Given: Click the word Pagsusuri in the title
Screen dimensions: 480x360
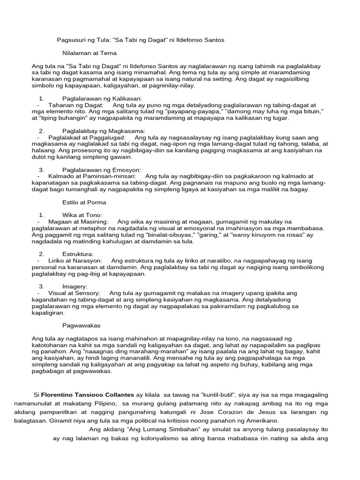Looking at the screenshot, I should click(71, 40).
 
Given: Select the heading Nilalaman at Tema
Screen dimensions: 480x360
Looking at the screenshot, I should click(89, 53).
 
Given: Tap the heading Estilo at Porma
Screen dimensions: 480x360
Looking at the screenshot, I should click(84, 202).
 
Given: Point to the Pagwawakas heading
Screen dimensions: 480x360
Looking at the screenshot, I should click(82, 325).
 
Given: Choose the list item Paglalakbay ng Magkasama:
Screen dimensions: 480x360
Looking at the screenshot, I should click(104, 131).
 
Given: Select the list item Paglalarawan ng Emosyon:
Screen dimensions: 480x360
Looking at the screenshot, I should click(101, 169).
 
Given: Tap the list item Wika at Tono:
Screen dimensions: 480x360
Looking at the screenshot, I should click(82, 215).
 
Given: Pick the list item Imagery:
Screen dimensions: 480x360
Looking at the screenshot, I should click(75, 286).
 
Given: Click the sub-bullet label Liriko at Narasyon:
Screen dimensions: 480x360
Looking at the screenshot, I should click(75, 260).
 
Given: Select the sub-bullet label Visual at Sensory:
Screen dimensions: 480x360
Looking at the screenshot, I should click(74, 292).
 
